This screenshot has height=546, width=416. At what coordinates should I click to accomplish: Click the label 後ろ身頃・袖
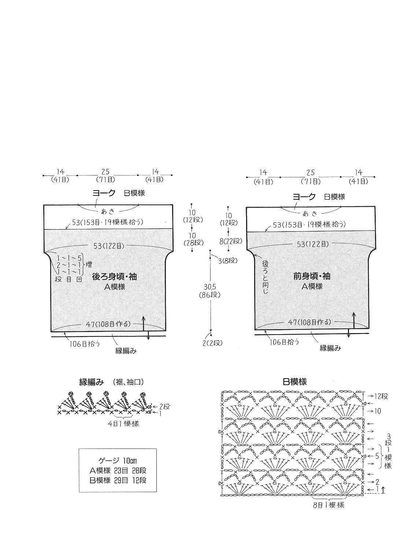114,277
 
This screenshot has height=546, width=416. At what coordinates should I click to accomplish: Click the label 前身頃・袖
312,276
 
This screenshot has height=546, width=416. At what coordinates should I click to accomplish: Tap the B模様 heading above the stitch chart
295,382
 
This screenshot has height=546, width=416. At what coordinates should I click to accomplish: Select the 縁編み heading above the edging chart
91,382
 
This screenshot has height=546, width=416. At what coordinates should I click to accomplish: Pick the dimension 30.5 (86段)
210,291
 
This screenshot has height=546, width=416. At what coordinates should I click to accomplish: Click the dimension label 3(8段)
228,261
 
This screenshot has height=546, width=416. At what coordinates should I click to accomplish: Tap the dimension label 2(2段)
212,343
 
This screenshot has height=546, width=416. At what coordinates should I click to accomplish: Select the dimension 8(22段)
231,241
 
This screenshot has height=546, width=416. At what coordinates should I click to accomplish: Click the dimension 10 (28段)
194,239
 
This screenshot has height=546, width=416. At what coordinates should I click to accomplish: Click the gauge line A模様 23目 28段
118,471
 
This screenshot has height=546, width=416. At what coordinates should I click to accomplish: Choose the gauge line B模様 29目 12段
118,480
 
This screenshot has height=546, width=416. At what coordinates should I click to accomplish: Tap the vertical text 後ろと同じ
265,277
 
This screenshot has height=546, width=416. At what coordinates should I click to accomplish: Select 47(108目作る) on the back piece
108,324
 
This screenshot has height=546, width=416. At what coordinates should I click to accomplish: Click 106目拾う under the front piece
284,342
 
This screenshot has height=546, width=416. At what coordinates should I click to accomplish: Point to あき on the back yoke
108,211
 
